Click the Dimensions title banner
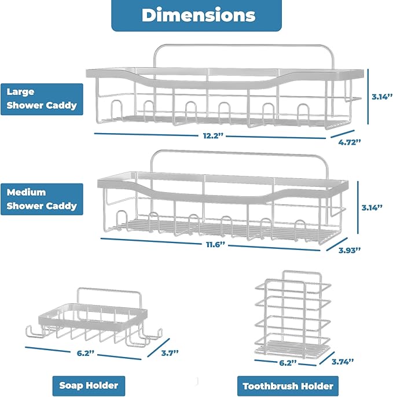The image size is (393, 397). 197,15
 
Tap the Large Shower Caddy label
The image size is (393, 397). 42,100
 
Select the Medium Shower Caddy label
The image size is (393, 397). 42,199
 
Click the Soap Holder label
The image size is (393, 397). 89,385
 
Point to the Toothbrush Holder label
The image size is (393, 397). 288,386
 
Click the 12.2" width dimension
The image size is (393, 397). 213,135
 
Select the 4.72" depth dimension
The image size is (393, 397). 349,142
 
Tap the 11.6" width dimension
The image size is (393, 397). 215,245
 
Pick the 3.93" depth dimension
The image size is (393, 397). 350,250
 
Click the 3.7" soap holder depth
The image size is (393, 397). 170,352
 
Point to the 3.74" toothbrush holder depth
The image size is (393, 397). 343,362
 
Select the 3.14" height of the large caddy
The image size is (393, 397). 382,97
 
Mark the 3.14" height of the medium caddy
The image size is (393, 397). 372,208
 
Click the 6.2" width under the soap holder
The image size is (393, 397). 85,353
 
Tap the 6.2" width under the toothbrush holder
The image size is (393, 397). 288,363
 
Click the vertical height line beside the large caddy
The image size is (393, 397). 368,97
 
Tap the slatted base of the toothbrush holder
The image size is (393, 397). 292,347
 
